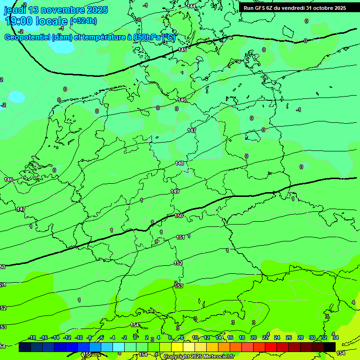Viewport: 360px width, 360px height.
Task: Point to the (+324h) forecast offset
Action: (83, 21)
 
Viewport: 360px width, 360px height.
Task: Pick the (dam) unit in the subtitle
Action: (61, 37)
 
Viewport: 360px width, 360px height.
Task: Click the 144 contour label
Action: (191, 6)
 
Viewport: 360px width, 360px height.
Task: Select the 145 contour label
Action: (182, 50)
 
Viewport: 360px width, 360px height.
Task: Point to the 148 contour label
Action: (180, 163)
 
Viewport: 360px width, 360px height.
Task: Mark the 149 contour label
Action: (175, 191)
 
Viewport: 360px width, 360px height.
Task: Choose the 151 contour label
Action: (180, 238)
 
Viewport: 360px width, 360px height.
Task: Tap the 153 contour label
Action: (179, 286)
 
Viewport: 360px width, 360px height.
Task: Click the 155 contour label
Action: (87, 354)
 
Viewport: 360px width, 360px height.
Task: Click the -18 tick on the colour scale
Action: (32, 338)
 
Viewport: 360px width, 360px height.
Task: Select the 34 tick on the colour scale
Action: (336, 338)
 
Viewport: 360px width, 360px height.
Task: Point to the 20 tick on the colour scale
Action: (254, 338)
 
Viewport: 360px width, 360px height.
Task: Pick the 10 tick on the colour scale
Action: (195, 338)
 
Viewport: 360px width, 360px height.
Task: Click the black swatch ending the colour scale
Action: (330, 347)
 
